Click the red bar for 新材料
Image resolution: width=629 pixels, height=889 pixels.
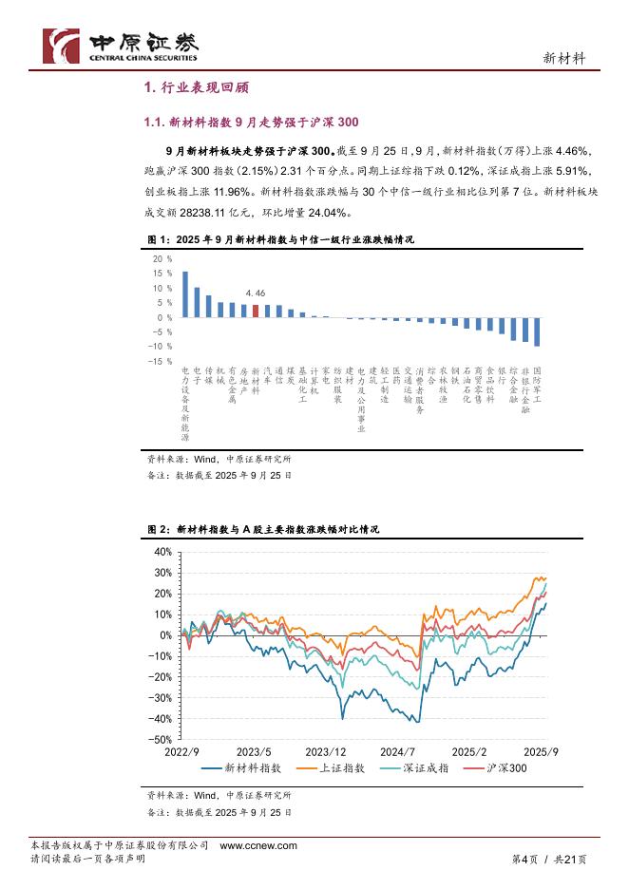click(x=256, y=311)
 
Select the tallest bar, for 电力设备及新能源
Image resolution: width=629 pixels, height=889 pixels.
click(x=185, y=294)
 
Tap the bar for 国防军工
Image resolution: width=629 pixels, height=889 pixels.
click(x=537, y=331)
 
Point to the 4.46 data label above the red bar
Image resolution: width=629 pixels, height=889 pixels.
click(x=255, y=295)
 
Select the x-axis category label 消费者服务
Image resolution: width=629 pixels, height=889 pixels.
click(x=420, y=390)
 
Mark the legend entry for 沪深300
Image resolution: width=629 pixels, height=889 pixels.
click(x=505, y=768)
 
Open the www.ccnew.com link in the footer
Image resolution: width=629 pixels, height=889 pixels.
click(x=258, y=845)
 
